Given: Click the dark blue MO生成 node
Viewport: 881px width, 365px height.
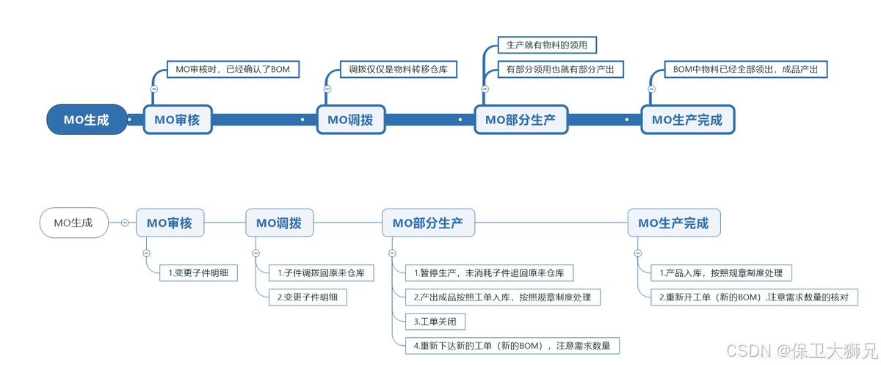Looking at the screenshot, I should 86,120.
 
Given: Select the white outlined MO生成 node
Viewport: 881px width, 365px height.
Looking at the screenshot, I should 73,223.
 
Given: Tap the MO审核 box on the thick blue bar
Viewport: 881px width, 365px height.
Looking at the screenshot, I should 177,120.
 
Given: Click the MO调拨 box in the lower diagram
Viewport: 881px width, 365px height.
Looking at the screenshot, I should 279,223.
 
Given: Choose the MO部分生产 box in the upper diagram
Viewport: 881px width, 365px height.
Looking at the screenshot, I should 521,120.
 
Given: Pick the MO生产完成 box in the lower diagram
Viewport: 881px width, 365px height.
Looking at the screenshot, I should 673,223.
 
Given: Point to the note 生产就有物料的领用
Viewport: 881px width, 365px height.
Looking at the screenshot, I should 547,46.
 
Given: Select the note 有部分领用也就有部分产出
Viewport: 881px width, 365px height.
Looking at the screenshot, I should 560,70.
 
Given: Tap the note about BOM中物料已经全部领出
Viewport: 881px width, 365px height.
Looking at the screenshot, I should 744,70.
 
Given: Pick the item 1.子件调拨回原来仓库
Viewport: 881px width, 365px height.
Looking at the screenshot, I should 321,273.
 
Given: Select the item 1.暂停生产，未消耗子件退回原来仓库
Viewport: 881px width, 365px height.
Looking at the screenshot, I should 489,273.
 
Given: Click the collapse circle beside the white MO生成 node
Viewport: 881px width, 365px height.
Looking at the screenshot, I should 125,223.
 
